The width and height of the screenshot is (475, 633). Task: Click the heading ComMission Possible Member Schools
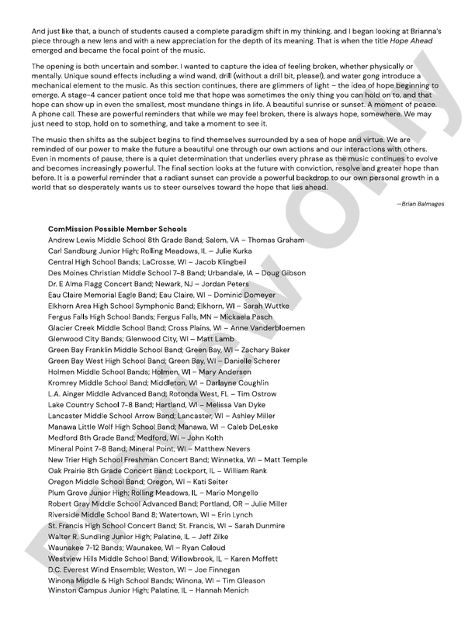click(117, 230)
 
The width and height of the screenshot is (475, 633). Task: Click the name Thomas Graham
click(276, 240)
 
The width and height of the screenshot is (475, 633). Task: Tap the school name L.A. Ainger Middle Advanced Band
click(106, 393)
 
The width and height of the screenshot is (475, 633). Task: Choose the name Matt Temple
click(284, 459)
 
